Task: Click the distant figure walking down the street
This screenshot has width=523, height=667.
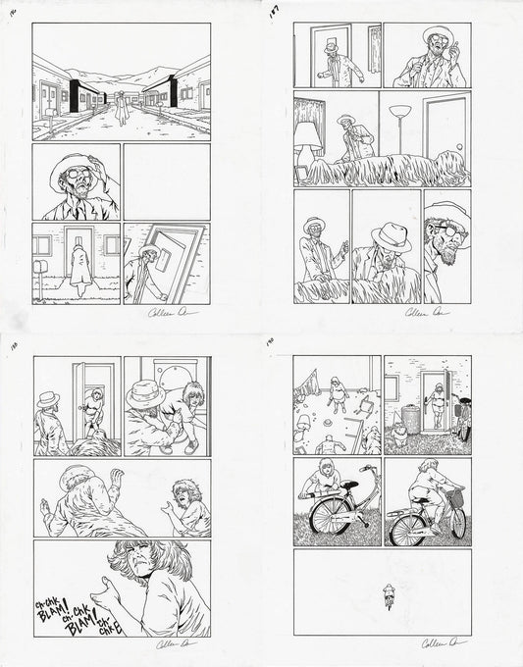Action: pyautogui.click(x=121, y=102)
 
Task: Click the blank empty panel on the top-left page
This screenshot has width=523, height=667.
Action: pyautogui.click(x=166, y=181)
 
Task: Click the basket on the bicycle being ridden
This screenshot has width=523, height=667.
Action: pyautogui.click(x=454, y=498)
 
